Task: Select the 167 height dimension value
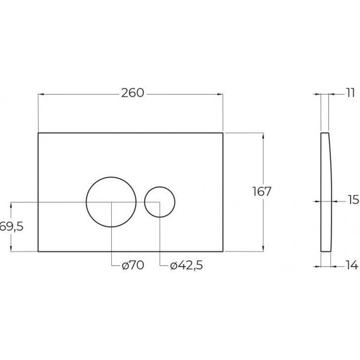click(261, 191)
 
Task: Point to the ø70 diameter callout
click(133, 266)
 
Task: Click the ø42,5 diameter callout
click(186, 266)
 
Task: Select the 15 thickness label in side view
click(352, 201)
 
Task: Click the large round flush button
click(111, 201)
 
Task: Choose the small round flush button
click(160, 201)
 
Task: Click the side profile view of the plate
click(327, 193)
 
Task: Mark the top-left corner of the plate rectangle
click(39, 133)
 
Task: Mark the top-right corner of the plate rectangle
click(224, 133)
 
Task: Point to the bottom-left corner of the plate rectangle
click(39, 251)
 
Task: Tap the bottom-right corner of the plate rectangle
click(224, 251)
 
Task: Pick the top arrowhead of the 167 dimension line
click(261, 136)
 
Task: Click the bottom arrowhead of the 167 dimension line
click(261, 249)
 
